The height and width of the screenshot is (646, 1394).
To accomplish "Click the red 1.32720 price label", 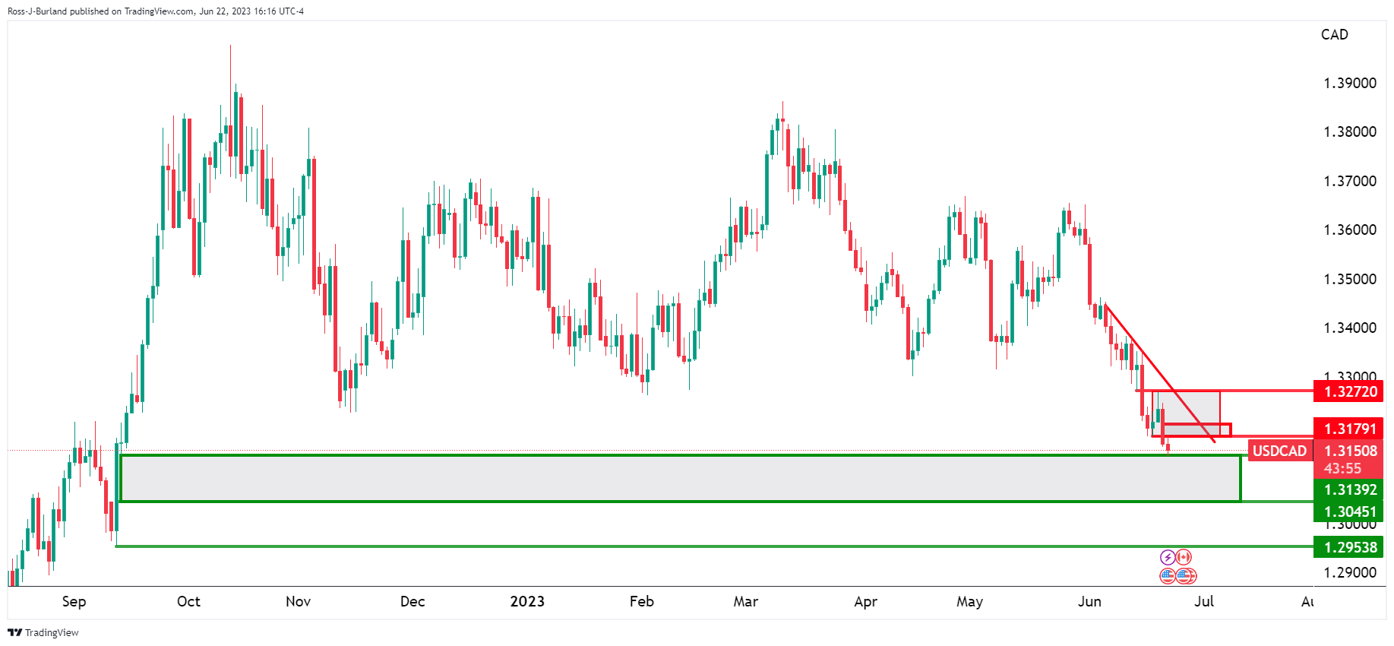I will (1350, 392).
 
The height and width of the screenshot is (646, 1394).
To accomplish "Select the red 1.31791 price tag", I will (1350, 429).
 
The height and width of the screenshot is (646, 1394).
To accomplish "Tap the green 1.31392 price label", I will (1350, 490).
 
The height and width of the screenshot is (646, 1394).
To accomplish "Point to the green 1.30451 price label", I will (1350, 511).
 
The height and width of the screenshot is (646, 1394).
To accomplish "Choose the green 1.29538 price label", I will (1350, 547).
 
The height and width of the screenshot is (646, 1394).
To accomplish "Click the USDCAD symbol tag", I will (1279, 451).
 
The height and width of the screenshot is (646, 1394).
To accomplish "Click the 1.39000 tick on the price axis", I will (1349, 84).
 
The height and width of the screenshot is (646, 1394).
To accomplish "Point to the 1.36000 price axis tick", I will (1349, 230).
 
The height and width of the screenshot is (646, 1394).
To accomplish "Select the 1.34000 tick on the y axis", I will (1349, 328).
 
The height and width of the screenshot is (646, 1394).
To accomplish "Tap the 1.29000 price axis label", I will (1349, 573).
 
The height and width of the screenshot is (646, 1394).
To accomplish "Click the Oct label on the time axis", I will (188, 602).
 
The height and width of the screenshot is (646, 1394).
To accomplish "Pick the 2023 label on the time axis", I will (527, 602).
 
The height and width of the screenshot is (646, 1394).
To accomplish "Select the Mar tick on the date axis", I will (745, 602).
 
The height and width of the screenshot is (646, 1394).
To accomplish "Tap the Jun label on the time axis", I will (1089, 602).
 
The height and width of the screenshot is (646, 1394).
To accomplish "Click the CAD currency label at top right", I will (1334, 35).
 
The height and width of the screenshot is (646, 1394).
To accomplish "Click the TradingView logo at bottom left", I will (43, 632).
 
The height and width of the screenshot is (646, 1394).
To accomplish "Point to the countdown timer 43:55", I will (1342, 468).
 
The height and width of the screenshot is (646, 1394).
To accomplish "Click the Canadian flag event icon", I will (1184, 558).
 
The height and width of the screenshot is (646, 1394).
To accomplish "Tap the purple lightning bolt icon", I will (1168, 558).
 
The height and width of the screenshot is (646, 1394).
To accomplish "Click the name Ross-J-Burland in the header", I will (36, 11).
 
